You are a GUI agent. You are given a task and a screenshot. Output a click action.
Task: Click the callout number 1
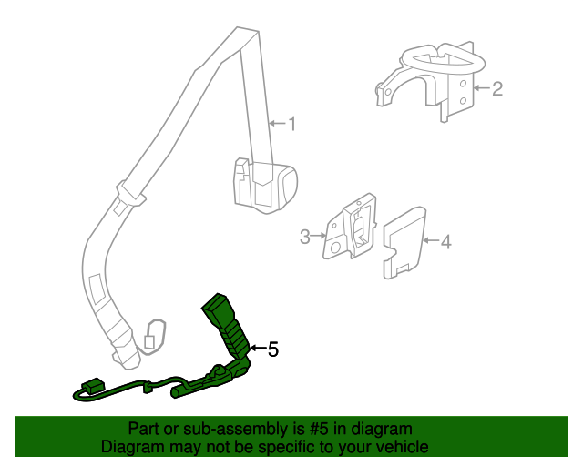point(292,124)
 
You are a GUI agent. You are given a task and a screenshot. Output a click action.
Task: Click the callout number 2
point(497,89)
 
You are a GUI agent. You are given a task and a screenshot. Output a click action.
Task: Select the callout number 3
point(305,237)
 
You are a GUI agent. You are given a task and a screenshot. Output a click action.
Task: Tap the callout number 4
point(445,242)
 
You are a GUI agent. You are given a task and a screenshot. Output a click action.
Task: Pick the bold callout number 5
point(273,349)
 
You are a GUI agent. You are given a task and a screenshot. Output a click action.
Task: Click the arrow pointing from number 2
point(482,88)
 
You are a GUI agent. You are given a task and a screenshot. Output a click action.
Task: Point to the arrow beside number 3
point(319,236)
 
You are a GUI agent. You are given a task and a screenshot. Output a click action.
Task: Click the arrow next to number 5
point(258,348)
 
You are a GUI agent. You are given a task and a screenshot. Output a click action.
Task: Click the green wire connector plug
point(94,384)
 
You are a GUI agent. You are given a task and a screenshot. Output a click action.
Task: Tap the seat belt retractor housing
point(265,186)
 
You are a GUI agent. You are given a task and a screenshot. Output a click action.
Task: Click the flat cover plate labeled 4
point(404,243)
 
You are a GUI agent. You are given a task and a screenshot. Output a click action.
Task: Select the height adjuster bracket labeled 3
point(350,227)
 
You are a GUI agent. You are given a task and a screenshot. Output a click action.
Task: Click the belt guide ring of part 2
point(444,59)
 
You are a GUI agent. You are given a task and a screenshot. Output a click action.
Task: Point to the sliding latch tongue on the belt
point(130,195)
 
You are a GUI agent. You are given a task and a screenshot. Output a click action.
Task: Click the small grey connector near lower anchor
point(149,341)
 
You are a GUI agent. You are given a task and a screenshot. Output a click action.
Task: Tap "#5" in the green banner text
point(319,429)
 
